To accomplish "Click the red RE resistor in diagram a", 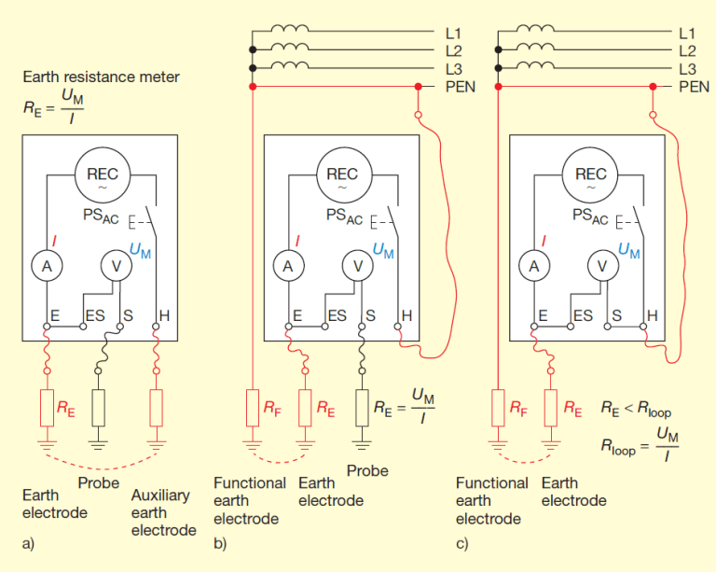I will point(48,407).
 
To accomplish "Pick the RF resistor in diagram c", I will point(498,407).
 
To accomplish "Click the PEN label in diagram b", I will point(459,87).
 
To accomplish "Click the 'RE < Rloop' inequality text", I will point(638,408).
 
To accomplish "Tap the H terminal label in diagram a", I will point(164,316).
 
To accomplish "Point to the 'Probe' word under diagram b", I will point(366,471).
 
